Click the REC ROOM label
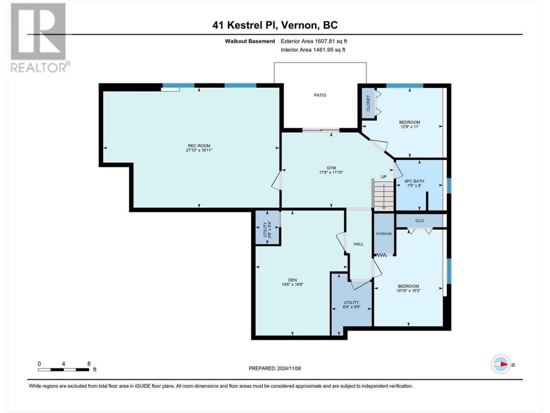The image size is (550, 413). [199, 146]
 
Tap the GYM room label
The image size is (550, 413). [331, 168]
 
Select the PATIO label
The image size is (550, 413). [320, 95]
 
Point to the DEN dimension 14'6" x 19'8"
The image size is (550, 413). [293, 284]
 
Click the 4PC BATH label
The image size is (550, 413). [414, 181]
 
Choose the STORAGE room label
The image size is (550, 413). [384, 234]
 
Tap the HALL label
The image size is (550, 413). [358, 244]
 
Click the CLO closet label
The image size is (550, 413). [419, 221]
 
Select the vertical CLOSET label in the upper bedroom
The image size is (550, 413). [368, 103]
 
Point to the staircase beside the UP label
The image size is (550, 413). [384, 195]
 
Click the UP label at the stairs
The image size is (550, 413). [384, 177]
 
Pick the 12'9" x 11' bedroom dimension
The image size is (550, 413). [409, 126]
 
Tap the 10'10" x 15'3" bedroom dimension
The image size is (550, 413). [409, 291]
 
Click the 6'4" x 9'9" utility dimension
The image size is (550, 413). [351, 307]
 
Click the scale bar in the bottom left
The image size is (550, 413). [64, 370]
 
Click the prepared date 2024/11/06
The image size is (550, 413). [289, 368]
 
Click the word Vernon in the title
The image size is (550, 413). [299, 25]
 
